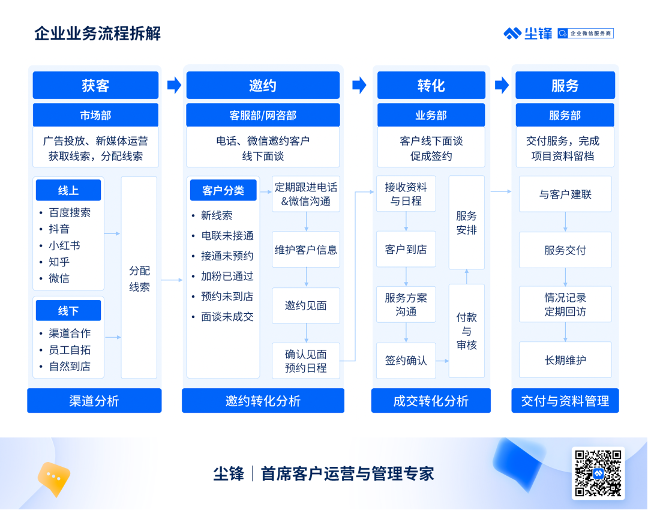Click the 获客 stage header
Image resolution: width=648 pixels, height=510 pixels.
(95, 85)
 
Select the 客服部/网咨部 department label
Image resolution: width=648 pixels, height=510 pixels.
(263, 115)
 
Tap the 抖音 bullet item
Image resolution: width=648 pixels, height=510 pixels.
(59, 229)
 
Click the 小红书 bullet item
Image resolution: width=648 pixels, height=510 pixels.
(64, 245)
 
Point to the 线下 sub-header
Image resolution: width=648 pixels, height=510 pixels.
(68, 310)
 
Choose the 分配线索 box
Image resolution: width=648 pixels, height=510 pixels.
(139, 277)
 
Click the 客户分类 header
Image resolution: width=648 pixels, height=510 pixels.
(223, 190)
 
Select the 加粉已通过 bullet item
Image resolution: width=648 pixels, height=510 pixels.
(227, 276)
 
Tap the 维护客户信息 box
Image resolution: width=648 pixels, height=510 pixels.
(306, 249)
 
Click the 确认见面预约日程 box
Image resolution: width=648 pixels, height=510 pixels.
(306, 361)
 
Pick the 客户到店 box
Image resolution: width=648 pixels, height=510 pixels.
(406, 249)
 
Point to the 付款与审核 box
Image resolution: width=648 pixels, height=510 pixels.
(467, 331)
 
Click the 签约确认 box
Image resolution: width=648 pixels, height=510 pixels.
(406, 361)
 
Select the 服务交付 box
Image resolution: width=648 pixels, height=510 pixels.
(565, 250)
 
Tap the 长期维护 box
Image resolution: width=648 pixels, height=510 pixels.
(565, 360)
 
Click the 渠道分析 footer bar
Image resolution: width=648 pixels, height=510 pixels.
(94, 400)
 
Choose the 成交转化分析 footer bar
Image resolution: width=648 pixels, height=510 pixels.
(431, 400)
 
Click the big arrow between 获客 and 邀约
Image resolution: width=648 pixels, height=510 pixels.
(175, 85)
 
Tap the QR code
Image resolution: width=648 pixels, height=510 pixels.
(598, 473)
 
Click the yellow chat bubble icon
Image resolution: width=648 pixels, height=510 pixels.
(54, 479)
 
